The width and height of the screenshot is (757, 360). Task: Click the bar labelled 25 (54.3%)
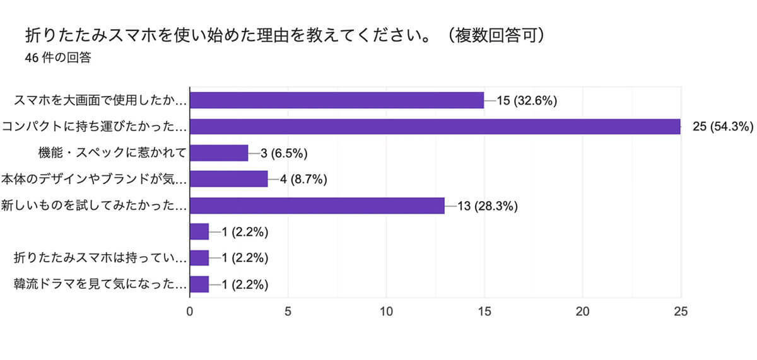(435, 127)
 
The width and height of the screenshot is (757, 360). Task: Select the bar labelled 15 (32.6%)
(337, 100)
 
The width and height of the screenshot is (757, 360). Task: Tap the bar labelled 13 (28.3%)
(317, 206)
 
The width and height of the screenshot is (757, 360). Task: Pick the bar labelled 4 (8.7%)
(229, 179)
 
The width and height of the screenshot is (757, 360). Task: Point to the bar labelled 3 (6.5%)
(219, 153)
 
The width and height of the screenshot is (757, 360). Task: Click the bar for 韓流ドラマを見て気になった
(199, 284)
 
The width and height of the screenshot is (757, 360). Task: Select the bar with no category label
(199, 232)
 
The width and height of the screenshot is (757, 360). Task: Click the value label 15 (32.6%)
(527, 100)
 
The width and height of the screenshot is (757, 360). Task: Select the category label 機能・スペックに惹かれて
(112, 153)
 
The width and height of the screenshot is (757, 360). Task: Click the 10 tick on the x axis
(386, 311)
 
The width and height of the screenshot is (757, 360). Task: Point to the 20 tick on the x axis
(583, 311)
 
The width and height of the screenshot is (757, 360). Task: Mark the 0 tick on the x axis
(190, 311)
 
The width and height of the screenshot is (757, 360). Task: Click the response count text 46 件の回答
(57, 58)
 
